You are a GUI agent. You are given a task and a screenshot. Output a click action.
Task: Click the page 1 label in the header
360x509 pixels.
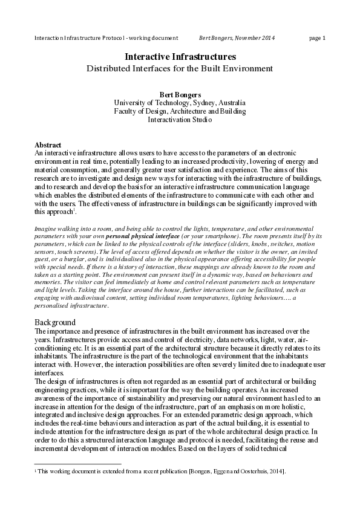point(317,38)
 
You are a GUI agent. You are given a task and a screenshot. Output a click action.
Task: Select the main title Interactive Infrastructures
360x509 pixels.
point(180,56)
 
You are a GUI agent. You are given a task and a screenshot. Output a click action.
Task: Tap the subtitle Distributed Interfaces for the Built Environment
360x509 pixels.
point(180,68)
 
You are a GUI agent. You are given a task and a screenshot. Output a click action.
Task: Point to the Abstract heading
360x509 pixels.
point(48,146)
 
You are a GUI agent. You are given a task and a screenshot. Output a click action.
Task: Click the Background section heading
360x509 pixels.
point(55,322)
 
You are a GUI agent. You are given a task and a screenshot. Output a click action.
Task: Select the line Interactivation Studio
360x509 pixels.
point(180,120)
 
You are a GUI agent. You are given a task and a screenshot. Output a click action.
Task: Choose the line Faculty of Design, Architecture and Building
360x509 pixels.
point(180,111)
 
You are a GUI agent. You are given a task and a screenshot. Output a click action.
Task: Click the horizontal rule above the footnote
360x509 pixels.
point(78,464)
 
